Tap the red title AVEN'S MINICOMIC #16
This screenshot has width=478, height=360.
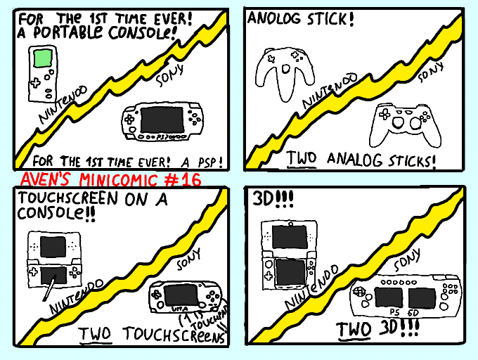pos(111,179)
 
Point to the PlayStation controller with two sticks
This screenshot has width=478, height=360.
pos(401,122)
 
